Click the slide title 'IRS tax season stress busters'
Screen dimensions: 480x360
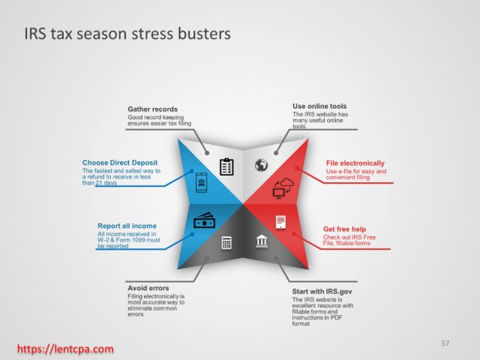(x=127, y=33)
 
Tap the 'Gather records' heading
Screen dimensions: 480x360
(x=152, y=109)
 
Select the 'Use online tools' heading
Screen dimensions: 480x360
(x=319, y=106)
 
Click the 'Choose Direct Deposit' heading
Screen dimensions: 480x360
(x=120, y=163)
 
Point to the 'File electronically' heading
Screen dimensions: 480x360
(x=355, y=163)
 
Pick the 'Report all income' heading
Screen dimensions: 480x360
(x=127, y=226)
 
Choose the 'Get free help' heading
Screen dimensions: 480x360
(x=344, y=229)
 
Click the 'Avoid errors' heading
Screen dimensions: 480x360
(x=148, y=288)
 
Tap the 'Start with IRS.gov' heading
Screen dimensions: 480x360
(x=322, y=292)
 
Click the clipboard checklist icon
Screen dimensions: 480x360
(x=226, y=166)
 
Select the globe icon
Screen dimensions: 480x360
(x=262, y=165)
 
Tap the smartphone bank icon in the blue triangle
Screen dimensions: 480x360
(x=202, y=182)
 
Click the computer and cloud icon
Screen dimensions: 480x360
(x=283, y=188)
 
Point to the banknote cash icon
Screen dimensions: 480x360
(x=204, y=220)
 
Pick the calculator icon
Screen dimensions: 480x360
(x=226, y=243)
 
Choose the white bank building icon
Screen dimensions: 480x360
(x=262, y=241)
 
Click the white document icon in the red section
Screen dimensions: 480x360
(x=280, y=222)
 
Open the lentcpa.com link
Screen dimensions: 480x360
(x=65, y=349)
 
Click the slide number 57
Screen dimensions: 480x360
(x=445, y=343)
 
